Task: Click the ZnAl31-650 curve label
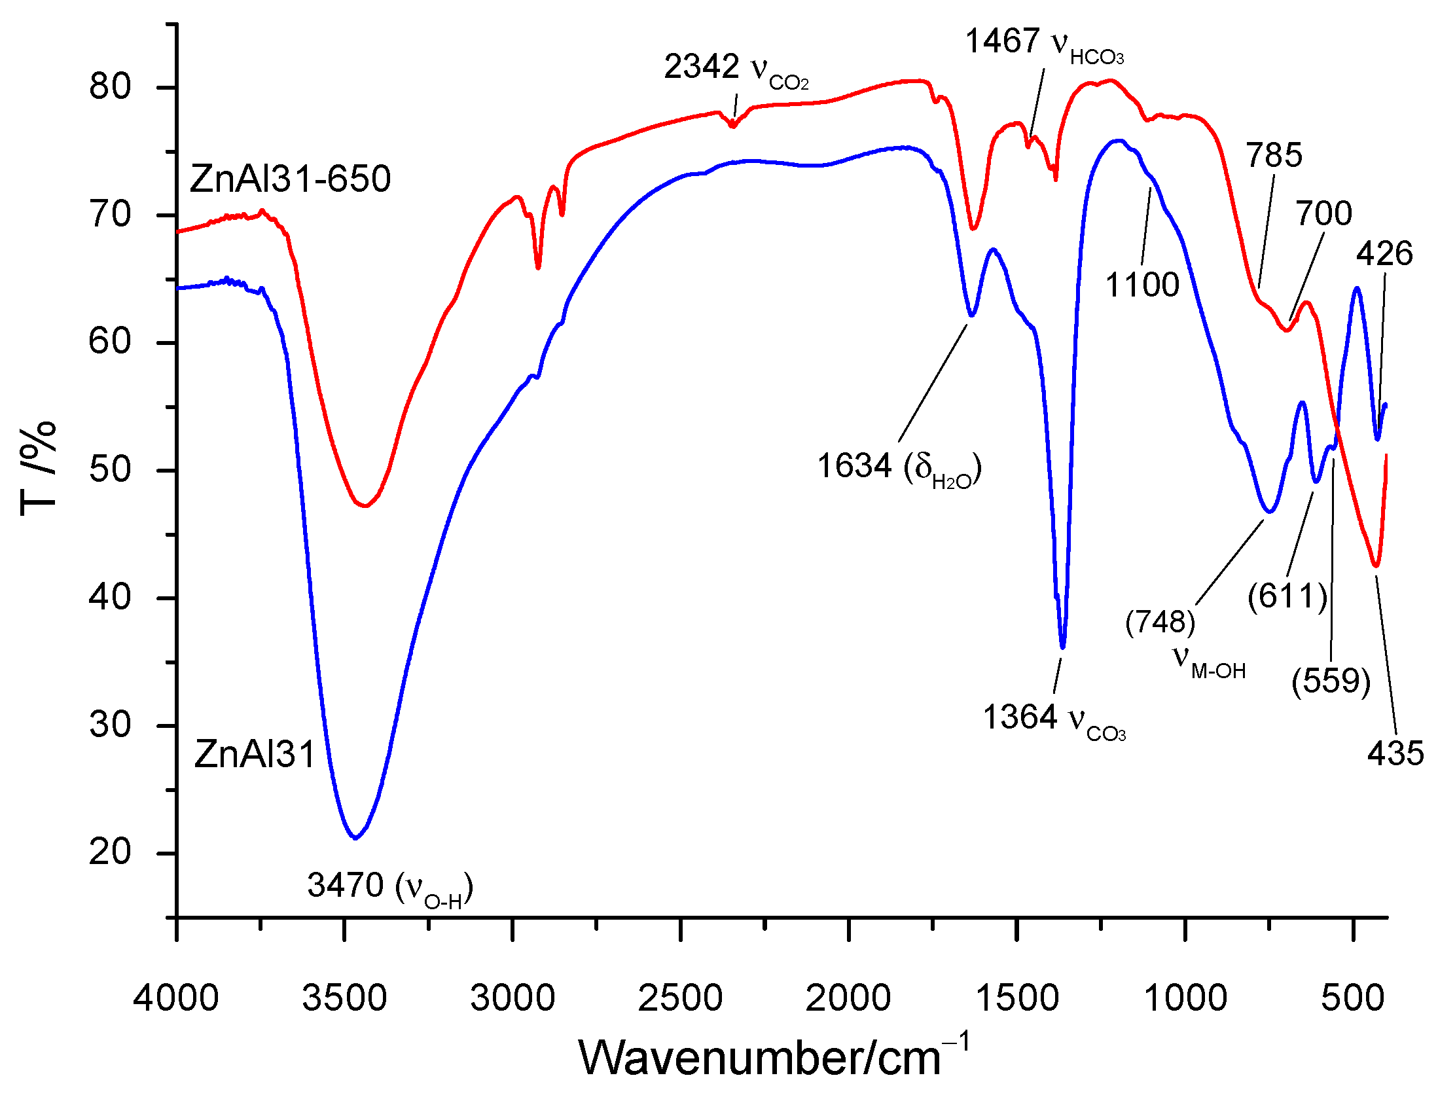[290, 179]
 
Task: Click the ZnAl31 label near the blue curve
[255, 753]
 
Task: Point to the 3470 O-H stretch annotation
[390, 888]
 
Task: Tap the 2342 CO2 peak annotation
[736, 69]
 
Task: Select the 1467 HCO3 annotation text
[1044, 43]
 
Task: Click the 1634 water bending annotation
[899, 467]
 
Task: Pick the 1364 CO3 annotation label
[1053, 718]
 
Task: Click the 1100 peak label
[1142, 285]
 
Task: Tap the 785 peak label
[1274, 156]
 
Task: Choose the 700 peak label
[1323, 213]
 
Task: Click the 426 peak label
[1384, 253]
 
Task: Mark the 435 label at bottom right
[1395, 753]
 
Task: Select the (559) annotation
[1331, 681]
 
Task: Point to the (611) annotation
[1287, 596]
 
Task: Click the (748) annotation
[1160, 621]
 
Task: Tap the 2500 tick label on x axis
[680, 999]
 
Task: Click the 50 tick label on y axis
[110, 470]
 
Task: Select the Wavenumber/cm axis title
[773, 1058]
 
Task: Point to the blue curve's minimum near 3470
[354, 837]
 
